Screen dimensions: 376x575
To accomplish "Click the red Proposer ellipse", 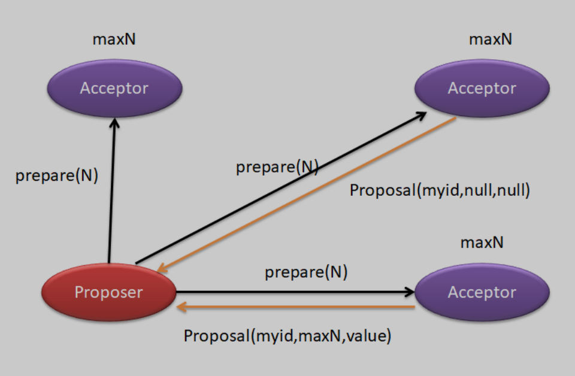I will point(108,292).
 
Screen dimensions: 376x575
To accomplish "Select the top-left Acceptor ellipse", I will point(114,89).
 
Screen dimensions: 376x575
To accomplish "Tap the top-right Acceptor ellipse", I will point(482,89).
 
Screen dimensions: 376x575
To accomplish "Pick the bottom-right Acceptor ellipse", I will point(482,292).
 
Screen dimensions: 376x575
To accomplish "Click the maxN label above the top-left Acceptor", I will point(114,40).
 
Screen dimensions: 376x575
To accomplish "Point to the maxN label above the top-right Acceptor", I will point(491,40).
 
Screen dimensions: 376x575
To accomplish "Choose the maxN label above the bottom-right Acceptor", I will point(482,243).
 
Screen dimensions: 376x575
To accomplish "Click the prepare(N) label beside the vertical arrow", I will point(56,176).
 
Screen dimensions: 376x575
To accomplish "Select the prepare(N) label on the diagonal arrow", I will point(277,167).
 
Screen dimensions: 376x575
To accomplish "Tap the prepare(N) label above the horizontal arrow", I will point(306,273).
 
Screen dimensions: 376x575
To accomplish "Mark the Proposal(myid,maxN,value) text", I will point(287,336).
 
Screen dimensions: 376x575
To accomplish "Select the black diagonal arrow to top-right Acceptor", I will point(252,198).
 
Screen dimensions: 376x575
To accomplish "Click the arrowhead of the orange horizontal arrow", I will point(181,307).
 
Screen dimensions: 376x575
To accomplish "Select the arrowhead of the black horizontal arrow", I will point(410,292).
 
